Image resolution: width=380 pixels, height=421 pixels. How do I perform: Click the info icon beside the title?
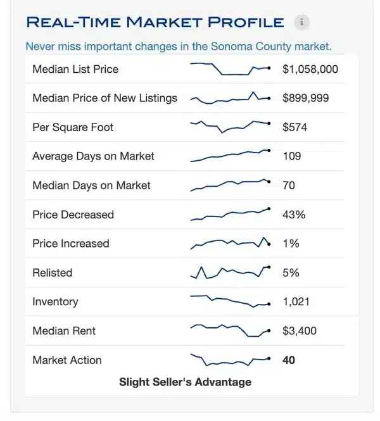click(302, 23)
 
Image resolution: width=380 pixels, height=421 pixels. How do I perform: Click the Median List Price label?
click(75, 69)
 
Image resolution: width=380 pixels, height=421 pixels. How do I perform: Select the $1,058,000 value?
click(310, 69)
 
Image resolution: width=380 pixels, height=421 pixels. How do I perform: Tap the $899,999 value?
click(306, 98)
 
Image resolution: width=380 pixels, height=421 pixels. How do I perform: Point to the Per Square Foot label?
click(73, 127)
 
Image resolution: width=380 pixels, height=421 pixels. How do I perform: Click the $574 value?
click(294, 127)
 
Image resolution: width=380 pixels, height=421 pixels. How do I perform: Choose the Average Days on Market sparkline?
click(231, 156)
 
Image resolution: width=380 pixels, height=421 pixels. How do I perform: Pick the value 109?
click(291, 156)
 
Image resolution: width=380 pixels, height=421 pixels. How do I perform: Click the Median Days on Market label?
click(91, 185)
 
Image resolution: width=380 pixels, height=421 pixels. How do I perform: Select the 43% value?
click(294, 215)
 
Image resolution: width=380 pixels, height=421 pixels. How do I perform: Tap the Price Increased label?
click(71, 244)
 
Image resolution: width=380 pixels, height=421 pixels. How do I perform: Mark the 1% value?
click(291, 244)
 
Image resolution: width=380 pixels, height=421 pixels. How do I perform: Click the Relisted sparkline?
click(231, 272)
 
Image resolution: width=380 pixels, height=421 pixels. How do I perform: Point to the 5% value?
click(291, 273)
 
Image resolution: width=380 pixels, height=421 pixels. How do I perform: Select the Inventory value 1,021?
click(296, 302)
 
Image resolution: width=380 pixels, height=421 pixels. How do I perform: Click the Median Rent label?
click(64, 331)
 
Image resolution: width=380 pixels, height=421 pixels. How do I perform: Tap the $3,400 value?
click(300, 331)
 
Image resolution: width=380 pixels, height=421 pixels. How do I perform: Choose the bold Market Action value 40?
click(289, 360)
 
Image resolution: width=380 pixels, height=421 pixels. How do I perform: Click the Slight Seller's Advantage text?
click(185, 382)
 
